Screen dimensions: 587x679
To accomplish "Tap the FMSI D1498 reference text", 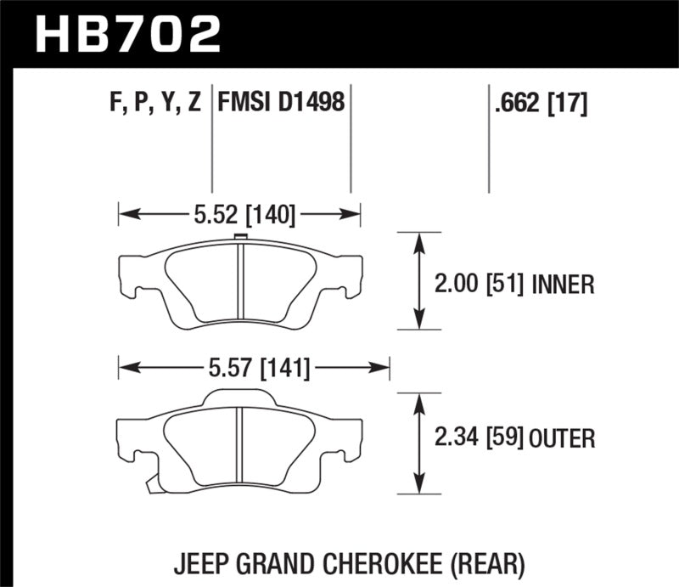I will click(281, 104).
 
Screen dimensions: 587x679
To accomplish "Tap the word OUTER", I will click(564, 438).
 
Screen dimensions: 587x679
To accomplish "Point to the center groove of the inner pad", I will click(240, 285).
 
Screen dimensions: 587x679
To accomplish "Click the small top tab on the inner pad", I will click(239, 239).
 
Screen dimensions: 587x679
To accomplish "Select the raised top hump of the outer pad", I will click(240, 397).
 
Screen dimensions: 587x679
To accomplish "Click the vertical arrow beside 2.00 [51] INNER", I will click(418, 280).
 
